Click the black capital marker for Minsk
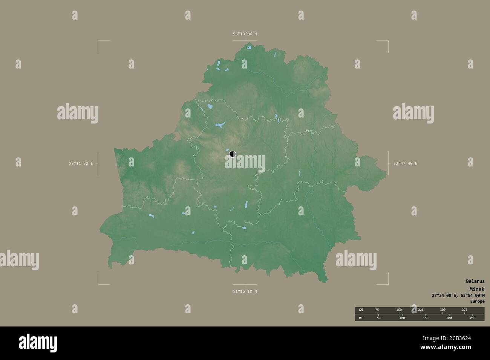coord(232,154)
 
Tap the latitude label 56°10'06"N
coord(245,34)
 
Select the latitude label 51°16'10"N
coord(245,291)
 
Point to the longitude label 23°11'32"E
coord(81,163)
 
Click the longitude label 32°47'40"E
coord(405,163)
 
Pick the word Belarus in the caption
coord(475,281)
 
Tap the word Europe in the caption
coord(477,301)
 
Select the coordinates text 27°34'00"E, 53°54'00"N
coord(458,295)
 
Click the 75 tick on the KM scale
coord(377,310)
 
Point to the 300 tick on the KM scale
coord(443,310)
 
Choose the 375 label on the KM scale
coord(465,310)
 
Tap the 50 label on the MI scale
coord(378,318)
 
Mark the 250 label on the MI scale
coord(472,318)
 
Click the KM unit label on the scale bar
coord(361,310)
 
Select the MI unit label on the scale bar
coord(361,318)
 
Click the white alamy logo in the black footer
coord(38,343)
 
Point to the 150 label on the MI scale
coord(425,318)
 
